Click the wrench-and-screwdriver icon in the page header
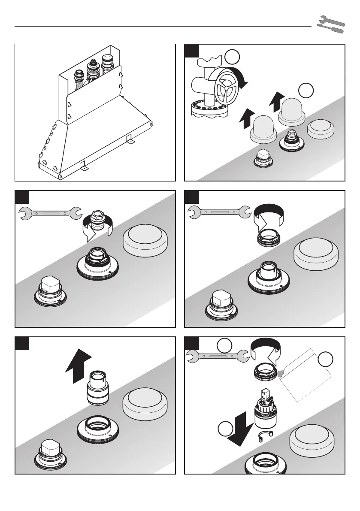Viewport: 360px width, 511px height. click(x=330, y=25)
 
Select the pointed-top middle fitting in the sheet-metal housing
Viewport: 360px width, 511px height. click(x=91, y=70)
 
